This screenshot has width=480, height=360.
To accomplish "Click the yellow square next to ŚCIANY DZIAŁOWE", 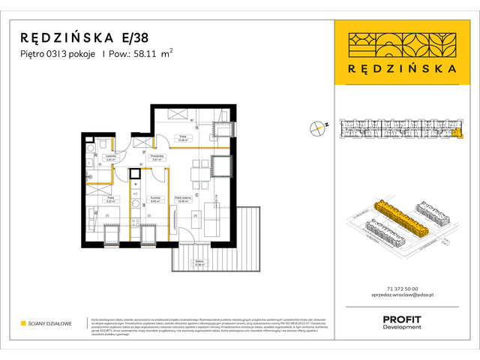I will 22,323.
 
